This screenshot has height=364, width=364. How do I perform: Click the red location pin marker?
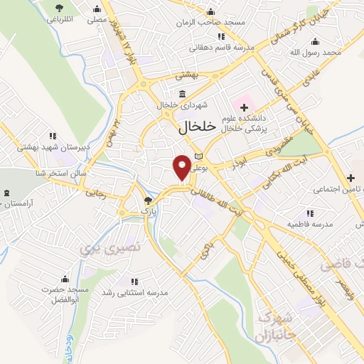point(182,166)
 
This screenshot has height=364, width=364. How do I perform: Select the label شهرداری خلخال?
point(183,105)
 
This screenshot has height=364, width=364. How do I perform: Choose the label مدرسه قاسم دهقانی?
point(218,48)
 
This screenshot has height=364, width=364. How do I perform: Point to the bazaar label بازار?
point(147,211)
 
